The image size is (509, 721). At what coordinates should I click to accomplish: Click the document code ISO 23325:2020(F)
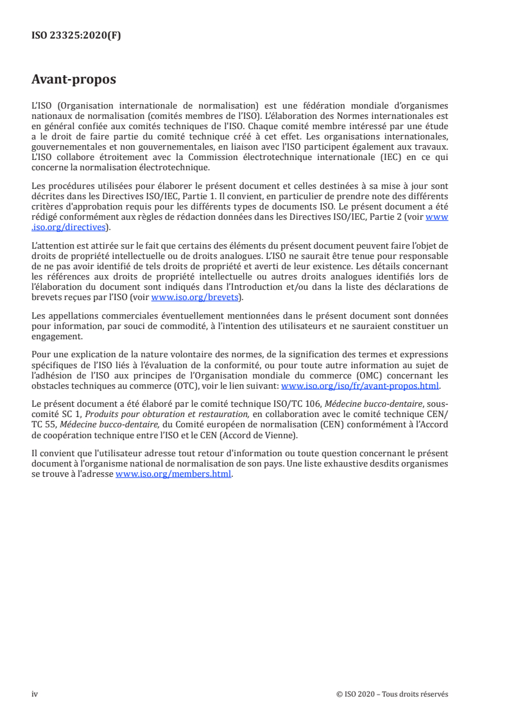[76, 36]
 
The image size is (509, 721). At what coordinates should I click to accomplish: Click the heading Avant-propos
[74, 80]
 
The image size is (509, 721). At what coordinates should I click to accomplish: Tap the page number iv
[35, 694]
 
